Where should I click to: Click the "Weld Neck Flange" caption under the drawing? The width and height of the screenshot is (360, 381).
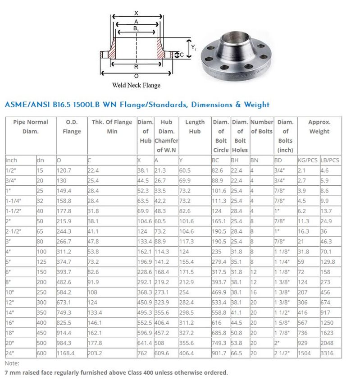136,85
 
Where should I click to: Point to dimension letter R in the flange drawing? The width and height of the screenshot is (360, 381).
136,67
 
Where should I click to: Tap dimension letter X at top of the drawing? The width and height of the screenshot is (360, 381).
136,13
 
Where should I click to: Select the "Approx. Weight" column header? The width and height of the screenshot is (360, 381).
319,127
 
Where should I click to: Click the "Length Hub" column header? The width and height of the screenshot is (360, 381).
195,127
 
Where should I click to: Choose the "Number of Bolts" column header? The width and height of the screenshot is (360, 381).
261,127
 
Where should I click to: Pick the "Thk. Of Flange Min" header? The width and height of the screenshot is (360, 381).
112,127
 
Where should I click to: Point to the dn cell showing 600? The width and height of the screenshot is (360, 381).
41,353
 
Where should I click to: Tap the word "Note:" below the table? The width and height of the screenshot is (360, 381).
12,363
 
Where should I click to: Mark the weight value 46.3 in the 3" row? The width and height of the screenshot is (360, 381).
326,241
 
